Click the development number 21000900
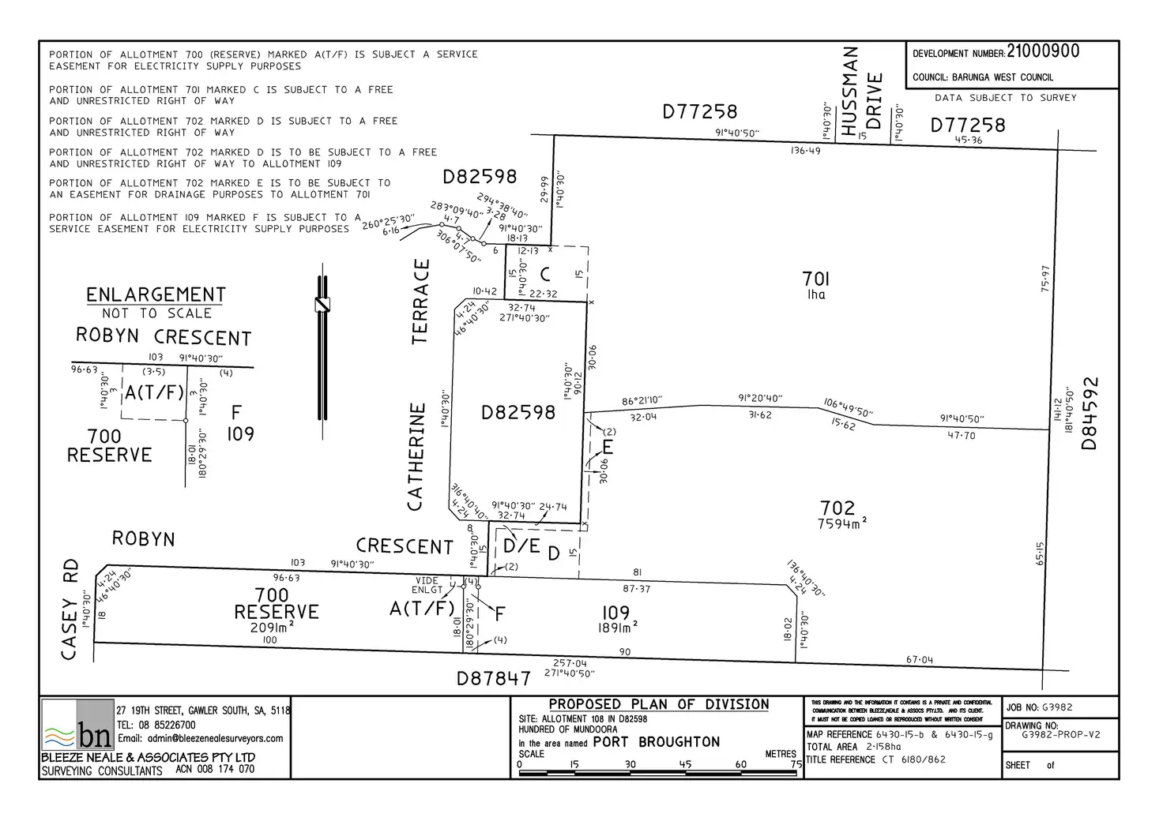(1043, 52)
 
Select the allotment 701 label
(815, 279)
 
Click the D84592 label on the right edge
(1090, 414)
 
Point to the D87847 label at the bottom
(493, 678)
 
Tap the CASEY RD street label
(70, 609)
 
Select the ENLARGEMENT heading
(156, 294)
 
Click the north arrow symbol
(322, 347)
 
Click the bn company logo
(77, 725)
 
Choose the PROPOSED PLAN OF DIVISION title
(658, 704)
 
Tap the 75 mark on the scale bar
(796, 764)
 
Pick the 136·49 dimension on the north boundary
(805, 150)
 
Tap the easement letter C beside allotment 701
(544, 274)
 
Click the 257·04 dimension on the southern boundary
(570, 663)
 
